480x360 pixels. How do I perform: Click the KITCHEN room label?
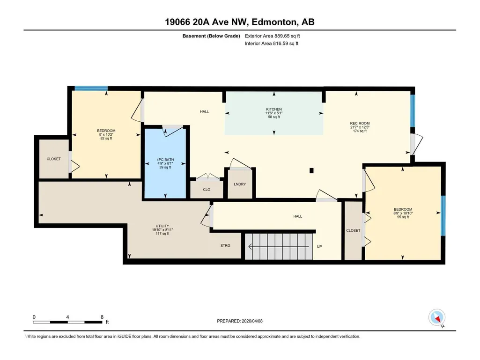coord(274,109)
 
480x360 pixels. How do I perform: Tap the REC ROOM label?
coord(360,124)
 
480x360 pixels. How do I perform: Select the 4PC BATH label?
coord(165,160)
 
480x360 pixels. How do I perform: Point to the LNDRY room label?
coord(240,184)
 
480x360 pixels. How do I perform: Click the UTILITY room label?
coord(162,226)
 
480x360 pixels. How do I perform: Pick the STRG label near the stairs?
coord(225,245)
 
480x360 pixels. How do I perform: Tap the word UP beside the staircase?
coord(319,246)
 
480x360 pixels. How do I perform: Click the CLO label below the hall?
coord(207,190)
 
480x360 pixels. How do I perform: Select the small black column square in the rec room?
coord(311,171)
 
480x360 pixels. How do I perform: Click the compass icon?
coord(437,317)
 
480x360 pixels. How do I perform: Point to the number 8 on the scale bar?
coord(102,317)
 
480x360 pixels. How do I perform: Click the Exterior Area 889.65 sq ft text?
coord(273,36)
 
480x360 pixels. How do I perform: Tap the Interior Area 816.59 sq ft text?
coord(272,44)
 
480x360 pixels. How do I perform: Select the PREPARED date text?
coord(240,321)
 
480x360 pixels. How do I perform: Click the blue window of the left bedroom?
coord(91,89)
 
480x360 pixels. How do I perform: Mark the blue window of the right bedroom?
coord(443,215)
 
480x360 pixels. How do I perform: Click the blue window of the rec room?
coord(413,110)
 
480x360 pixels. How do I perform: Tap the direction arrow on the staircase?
coord(279,246)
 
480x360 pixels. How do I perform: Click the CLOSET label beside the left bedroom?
coord(53,159)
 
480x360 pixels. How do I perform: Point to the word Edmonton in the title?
coord(274,22)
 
